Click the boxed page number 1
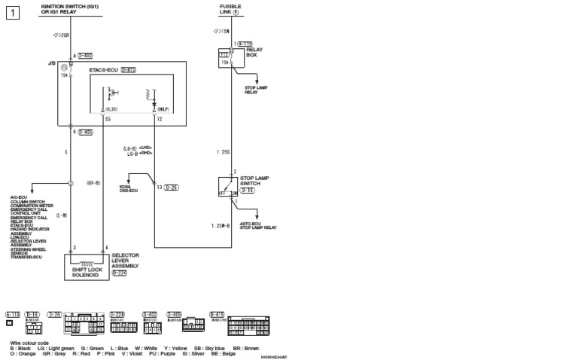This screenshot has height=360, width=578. click(12, 13)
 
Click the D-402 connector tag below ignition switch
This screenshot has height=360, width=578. click(84, 55)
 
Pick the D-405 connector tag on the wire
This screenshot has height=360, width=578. click(84, 131)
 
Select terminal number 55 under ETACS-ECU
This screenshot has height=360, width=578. click(108, 119)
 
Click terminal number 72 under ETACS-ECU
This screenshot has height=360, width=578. click(158, 119)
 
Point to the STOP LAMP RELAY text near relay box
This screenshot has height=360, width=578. click(256, 89)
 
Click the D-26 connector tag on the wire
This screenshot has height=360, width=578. click(171, 186)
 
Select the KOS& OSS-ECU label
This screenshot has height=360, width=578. click(129, 188)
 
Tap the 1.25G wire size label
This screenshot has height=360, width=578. click(222, 151)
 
